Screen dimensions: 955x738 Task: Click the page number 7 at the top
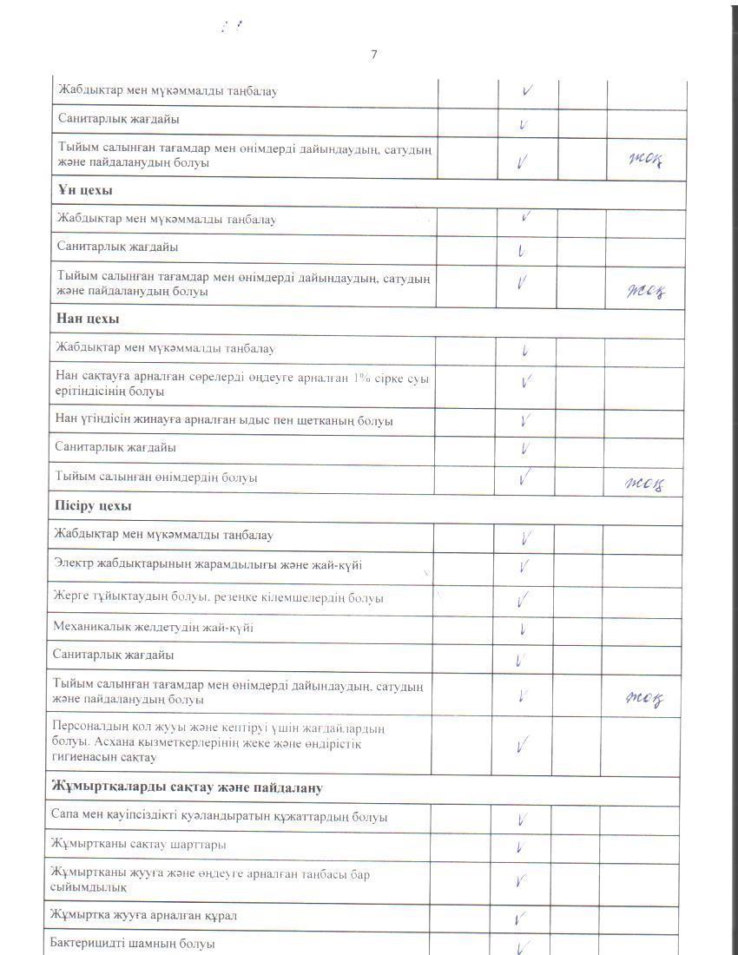point(374,55)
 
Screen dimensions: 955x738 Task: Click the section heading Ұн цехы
point(85,190)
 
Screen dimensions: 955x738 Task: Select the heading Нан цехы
point(88,319)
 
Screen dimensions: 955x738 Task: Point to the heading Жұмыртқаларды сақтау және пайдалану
point(188,787)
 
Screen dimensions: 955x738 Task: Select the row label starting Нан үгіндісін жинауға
point(224,421)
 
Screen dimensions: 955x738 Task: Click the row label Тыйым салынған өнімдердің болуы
point(156,477)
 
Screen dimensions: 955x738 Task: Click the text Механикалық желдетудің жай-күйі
point(153,627)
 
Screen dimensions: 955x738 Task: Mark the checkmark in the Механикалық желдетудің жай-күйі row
point(524,629)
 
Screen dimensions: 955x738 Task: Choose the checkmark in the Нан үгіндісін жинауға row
point(524,422)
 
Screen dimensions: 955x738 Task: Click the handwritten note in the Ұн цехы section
point(646,291)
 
